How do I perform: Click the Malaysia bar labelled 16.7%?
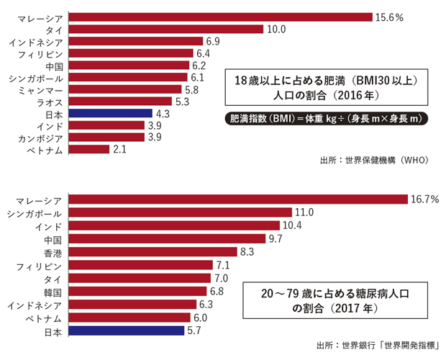point(238,199)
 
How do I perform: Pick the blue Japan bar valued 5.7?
point(126,331)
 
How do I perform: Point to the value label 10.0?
point(277,29)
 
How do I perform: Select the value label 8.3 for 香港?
point(268,252)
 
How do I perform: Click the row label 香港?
point(53,252)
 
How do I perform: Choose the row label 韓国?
point(53,292)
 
